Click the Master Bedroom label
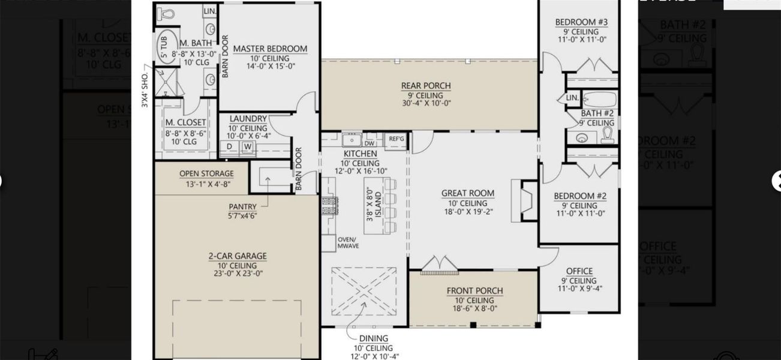point(270,49)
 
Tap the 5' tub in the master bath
point(163,46)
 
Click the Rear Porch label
point(426,86)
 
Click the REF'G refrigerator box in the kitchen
point(396,139)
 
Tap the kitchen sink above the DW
point(351,140)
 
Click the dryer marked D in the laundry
point(229,146)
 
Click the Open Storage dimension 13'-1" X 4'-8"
point(206,184)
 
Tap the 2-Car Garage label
point(238,256)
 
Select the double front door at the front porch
point(439,265)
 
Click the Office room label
point(579,271)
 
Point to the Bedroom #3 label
point(581,22)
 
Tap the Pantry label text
point(242,207)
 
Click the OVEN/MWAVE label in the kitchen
point(347,242)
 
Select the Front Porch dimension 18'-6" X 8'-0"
point(474,309)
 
